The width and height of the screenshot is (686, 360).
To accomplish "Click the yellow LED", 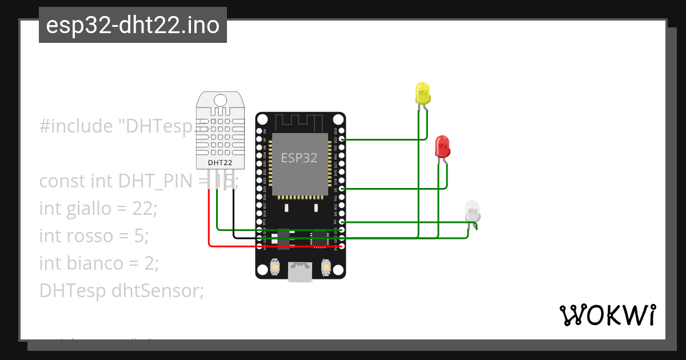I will [422, 93].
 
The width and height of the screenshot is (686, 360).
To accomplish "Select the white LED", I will [473, 211].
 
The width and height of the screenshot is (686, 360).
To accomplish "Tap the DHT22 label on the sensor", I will [220, 162].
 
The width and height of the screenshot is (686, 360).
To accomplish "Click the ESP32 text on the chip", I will [298, 158].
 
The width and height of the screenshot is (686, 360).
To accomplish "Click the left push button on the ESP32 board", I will [275, 267].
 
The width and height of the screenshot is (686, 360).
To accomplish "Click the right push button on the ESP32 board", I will [326, 267].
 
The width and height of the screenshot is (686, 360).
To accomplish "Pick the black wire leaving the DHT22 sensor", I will [234, 217].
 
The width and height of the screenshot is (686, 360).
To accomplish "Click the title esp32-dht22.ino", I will [133, 25].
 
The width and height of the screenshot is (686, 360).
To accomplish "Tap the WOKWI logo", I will [607, 315].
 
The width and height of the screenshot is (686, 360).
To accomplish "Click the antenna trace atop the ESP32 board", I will [300, 122].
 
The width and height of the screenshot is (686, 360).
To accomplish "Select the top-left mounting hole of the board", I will [262, 119].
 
